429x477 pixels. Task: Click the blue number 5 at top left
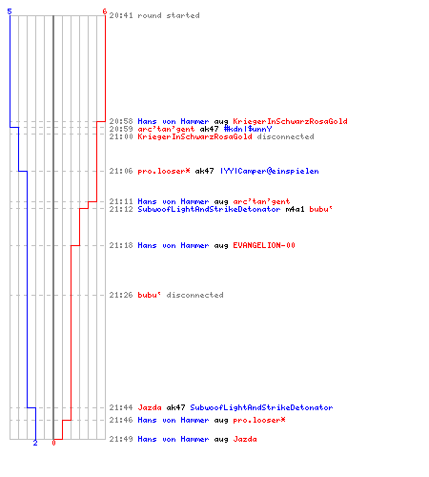[x=10, y=11]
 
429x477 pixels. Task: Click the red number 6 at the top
[x=105, y=11]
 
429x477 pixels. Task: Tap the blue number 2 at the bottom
[x=35, y=443]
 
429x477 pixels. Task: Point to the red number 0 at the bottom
[x=53, y=443]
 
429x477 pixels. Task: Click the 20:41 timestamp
[x=121, y=15]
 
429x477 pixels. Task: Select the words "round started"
[x=169, y=15]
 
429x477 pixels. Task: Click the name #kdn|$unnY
[x=248, y=129]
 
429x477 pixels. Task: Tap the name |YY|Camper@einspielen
[x=270, y=171]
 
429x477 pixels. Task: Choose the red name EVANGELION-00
[x=264, y=245]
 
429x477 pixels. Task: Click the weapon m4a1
[x=295, y=209]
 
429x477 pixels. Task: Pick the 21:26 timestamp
[x=121, y=295]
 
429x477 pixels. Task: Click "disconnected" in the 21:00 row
[x=285, y=136]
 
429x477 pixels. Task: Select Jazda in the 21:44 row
[x=150, y=407]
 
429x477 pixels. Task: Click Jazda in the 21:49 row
[x=245, y=439]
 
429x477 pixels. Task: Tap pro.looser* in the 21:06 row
[x=164, y=171]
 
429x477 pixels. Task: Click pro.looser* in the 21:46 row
[x=259, y=420]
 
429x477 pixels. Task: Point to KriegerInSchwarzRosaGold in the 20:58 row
[x=290, y=121]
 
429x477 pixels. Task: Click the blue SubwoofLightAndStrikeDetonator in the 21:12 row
[x=209, y=209]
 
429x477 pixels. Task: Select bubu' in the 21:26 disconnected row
[x=150, y=295]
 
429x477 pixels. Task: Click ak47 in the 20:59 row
[x=209, y=129]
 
